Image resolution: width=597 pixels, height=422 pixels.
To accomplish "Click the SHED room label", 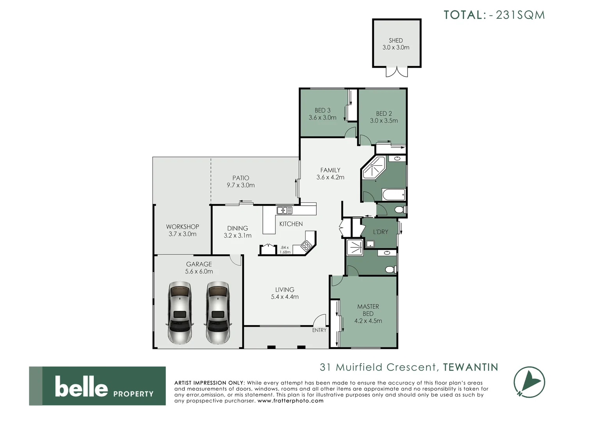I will point(395,40).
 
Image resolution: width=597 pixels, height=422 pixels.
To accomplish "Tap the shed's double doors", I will point(397,72).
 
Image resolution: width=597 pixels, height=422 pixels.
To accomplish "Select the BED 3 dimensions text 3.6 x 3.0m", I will point(322,117).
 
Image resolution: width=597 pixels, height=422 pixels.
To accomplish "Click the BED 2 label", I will point(384,113).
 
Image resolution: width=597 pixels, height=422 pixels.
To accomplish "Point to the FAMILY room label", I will point(330,170).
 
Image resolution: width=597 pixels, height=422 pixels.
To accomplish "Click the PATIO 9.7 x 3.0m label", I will point(241,182).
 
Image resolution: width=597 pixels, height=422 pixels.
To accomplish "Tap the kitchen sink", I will point(284,211).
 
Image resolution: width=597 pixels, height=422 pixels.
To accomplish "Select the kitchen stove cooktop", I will point(306,246).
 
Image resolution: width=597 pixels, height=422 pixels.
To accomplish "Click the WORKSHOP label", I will point(182,227).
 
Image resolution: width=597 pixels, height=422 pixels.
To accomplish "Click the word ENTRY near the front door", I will point(319,330).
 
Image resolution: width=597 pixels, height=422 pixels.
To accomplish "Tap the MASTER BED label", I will point(368,310).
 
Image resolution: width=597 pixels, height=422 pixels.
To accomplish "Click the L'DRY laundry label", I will point(380,232).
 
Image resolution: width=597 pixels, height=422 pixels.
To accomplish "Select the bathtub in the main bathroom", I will point(393,194).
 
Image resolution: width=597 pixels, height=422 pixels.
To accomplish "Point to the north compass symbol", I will point(529,382).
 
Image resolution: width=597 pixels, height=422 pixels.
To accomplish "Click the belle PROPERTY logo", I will point(97,386).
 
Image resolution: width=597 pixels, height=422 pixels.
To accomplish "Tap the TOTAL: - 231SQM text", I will point(494,15).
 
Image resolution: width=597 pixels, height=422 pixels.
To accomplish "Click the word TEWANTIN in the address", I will point(471,367).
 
